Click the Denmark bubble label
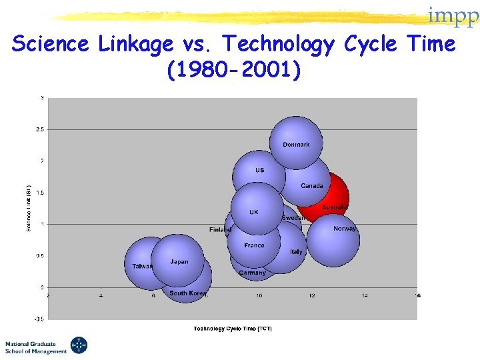(296, 145)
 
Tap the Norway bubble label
(345, 229)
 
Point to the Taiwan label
(142, 266)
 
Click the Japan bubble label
(179, 262)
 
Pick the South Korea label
(187, 293)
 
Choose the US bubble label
(259, 170)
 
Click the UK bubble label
(253, 212)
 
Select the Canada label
(311, 186)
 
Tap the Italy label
(296, 252)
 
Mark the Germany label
(252, 273)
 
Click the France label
(254, 245)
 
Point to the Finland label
(220, 230)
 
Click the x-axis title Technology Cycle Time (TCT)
(233, 328)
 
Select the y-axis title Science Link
(29, 208)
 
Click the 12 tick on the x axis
(311, 295)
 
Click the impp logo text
(453, 16)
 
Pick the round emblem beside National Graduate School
(79, 345)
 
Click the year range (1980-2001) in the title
(234, 68)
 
